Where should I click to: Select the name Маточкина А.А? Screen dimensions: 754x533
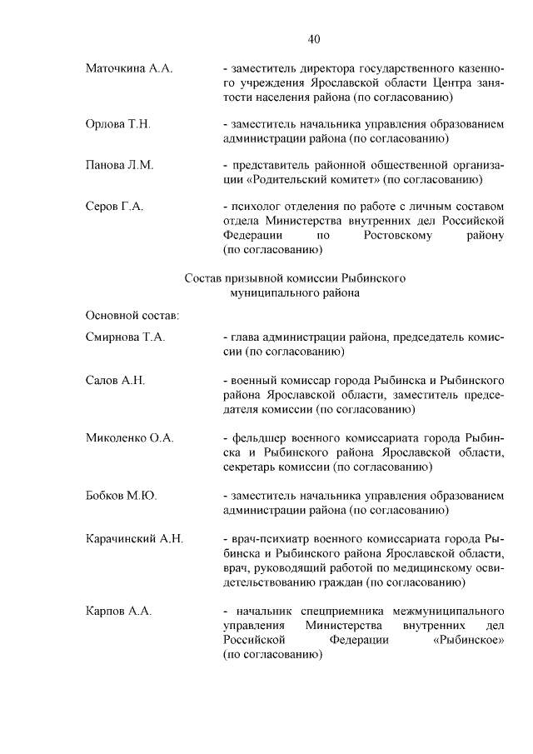(x=128, y=68)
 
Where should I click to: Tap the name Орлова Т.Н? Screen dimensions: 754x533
(x=117, y=124)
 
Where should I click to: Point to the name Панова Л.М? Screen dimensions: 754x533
(x=119, y=165)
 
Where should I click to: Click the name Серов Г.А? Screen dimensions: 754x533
(x=114, y=206)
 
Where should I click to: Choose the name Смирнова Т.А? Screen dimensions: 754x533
(x=125, y=337)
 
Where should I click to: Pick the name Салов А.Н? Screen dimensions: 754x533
(x=115, y=381)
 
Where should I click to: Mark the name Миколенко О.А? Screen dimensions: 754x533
(x=129, y=438)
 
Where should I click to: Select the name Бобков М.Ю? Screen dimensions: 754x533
(x=121, y=496)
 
